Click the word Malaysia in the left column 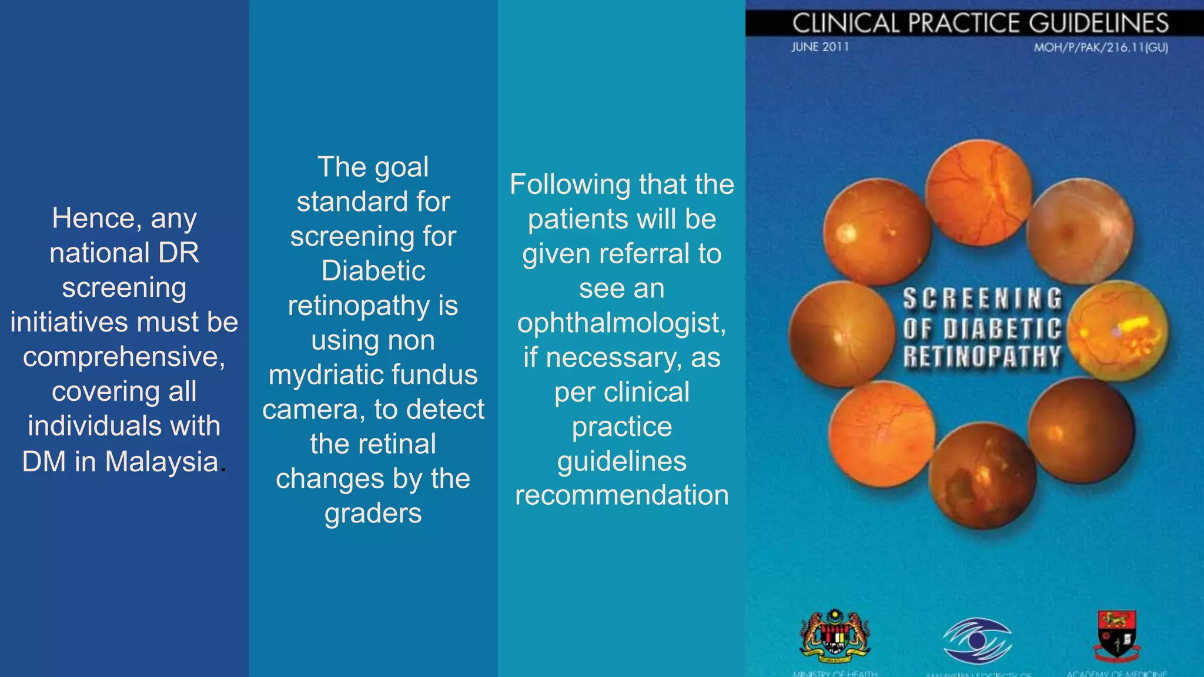point(162,461)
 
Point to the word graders point(373,514)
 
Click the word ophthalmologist point(621,323)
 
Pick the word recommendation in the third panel point(622,495)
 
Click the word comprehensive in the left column point(123,357)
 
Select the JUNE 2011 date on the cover point(820,47)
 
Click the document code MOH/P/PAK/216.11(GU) point(1101,48)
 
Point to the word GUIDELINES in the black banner point(1098,24)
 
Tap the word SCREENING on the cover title point(982,299)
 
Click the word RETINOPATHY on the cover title point(982,357)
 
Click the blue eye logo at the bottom point(977,641)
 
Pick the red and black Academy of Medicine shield point(1116,635)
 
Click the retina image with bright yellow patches point(1118,331)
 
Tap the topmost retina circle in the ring point(978,192)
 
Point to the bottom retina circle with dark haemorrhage point(982,476)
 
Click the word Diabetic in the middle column point(373,271)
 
